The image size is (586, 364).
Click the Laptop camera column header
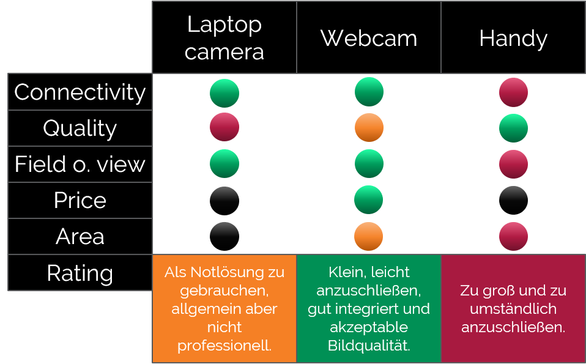224,37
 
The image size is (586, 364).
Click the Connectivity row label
80,92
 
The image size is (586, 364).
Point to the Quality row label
80,128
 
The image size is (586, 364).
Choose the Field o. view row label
80,164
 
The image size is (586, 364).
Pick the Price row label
80,200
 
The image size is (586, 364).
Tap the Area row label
80,236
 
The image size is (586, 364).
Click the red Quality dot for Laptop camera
224,127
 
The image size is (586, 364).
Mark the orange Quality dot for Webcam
369,127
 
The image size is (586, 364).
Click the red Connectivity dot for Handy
513,92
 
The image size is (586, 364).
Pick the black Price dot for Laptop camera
224,201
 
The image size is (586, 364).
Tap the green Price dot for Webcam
368,200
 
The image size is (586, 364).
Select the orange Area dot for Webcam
368,236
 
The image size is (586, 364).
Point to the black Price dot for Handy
513,200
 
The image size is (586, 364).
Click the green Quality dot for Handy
513,128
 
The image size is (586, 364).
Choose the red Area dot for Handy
513,236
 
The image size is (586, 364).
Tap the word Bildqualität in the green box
369,346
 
